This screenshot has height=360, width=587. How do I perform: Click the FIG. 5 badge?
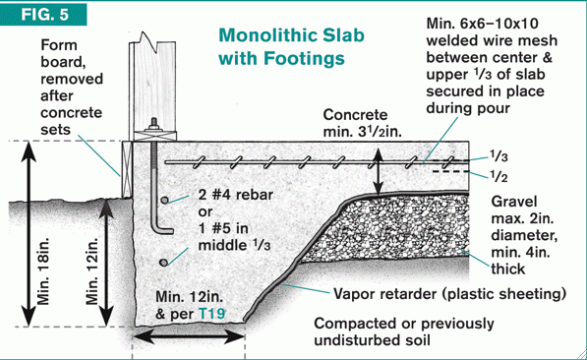(x=43, y=14)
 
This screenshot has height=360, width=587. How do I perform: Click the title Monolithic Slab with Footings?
(x=291, y=47)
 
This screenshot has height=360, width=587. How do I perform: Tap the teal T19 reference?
(x=212, y=313)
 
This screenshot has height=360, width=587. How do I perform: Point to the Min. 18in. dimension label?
(x=43, y=270)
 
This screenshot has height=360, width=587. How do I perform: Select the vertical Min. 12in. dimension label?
(x=92, y=270)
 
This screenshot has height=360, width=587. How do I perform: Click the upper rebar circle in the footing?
(x=164, y=200)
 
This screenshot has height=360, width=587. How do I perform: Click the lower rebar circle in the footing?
(x=163, y=263)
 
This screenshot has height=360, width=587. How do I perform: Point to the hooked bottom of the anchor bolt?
(x=162, y=229)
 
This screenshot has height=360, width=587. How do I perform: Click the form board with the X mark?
(x=128, y=170)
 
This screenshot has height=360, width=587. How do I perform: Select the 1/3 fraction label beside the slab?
(x=499, y=156)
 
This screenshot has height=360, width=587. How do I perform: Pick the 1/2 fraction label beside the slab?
(x=499, y=176)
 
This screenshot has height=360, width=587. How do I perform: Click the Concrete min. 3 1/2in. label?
(x=362, y=123)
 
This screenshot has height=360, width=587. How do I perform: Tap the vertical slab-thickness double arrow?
(x=379, y=171)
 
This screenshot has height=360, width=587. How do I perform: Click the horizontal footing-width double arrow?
(x=189, y=337)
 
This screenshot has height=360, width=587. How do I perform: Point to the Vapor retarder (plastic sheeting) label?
(x=450, y=294)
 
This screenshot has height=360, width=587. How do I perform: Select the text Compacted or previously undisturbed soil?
(x=404, y=332)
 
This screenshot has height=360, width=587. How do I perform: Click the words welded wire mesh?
(x=492, y=40)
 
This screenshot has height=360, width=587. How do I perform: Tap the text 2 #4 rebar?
(x=236, y=195)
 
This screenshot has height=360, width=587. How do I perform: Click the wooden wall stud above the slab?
(x=153, y=85)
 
